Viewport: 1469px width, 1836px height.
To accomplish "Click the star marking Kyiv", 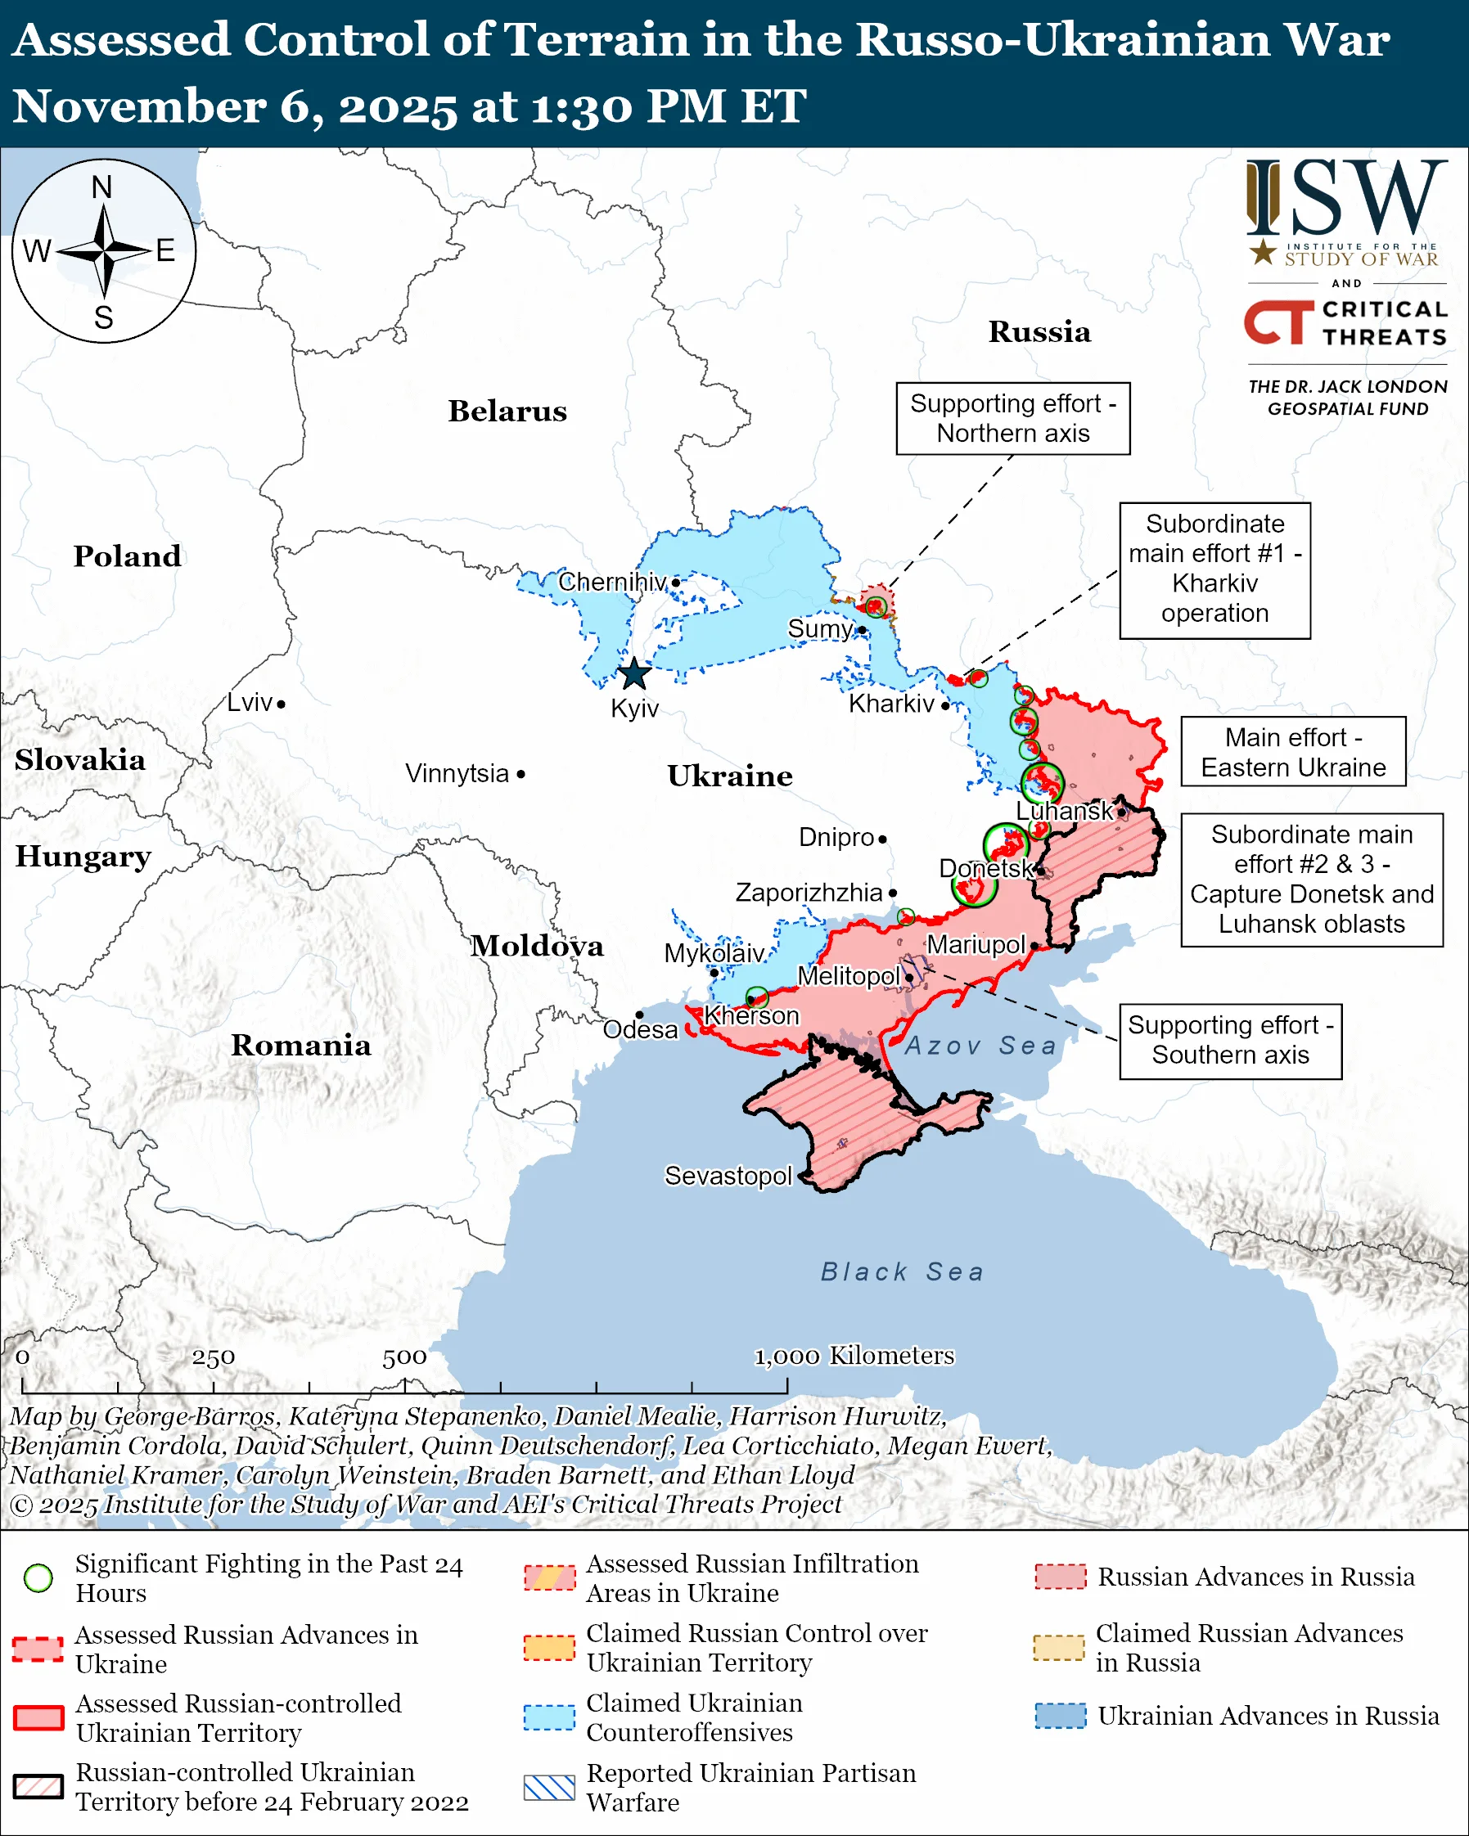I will [x=634, y=673].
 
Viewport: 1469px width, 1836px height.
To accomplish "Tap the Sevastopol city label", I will [x=728, y=1176].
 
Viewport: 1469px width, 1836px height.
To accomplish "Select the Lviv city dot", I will [x=281, y=704].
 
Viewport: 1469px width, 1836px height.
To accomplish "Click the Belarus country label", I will [x=507, y=411].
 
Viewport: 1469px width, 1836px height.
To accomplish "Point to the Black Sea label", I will [x=902, y=1272].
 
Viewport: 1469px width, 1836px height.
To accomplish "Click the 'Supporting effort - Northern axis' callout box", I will [x=1012, y=418].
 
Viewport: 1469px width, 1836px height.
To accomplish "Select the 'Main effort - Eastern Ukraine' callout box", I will [x=1292, y=752].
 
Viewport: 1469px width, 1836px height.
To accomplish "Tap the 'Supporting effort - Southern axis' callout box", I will [x=1230, y=1041].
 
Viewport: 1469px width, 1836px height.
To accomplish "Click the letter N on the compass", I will [x=102, y=187].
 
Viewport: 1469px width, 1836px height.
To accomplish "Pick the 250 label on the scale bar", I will [x=213, y=1357].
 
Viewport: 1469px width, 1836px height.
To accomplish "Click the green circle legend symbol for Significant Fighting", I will [x=38, y=1577].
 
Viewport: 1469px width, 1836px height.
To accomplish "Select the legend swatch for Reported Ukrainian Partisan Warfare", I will [x=549, y=1788].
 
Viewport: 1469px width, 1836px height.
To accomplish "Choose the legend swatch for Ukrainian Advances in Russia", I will [x=1061, y=1715].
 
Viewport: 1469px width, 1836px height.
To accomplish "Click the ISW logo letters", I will [x=1345, y=199].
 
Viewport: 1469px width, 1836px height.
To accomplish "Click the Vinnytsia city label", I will [x=457, y=773].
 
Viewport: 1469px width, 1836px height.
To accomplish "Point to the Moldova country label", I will [x=537, y=945].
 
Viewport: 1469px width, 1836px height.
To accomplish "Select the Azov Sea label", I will [x=980, y=1045].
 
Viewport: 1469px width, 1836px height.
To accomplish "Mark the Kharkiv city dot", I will [x=945, y=705].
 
